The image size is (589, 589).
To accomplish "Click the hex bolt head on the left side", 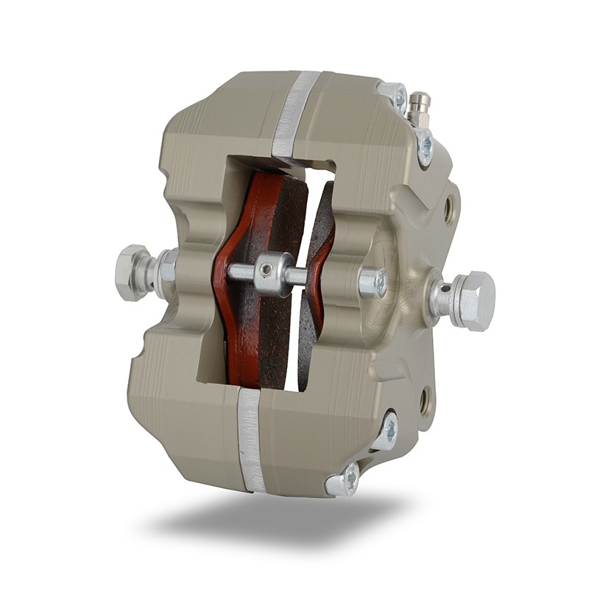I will pyautogui.click(x=133, y=272).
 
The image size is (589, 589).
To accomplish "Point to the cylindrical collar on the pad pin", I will pyautogui.click(x=272, y=273).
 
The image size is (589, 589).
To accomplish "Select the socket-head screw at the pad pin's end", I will pyautogui.click(x=373, y=282).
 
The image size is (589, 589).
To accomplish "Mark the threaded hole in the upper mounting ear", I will pyautogui.click(x=448, y=209).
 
